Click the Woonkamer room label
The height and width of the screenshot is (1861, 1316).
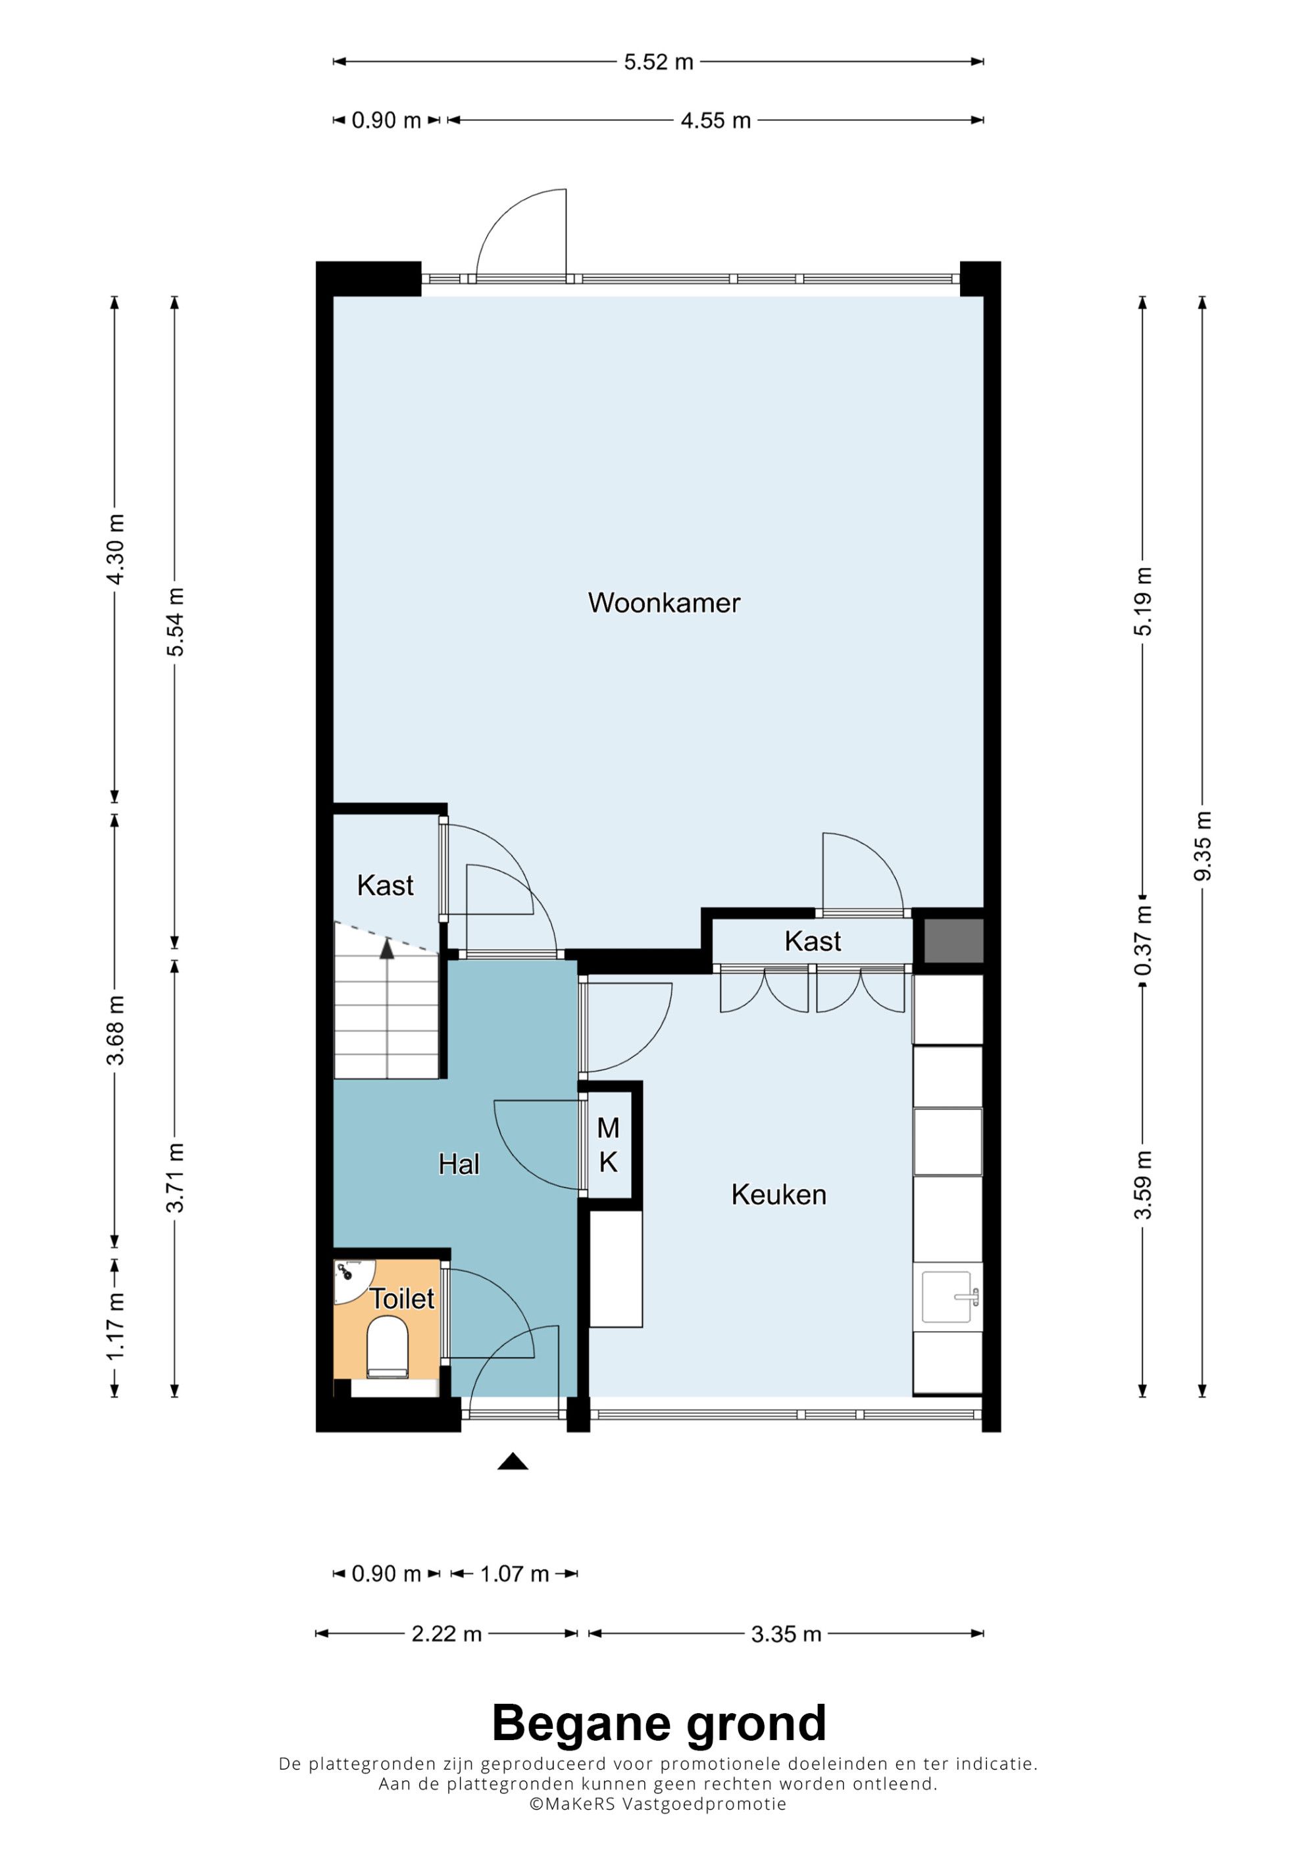point(664,602)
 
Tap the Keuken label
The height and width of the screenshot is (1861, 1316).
point(778,1194)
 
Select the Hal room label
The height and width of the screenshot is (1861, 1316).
point(459,1164)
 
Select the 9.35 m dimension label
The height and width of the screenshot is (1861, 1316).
point(1202,846)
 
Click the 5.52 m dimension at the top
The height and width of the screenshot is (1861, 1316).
point(659,62)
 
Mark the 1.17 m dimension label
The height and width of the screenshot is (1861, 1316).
point(115,1325)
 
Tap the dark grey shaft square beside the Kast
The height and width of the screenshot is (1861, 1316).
point(954,940)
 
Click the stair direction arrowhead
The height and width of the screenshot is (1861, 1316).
point(387,948)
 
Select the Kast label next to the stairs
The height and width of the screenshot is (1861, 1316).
point(385,885)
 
